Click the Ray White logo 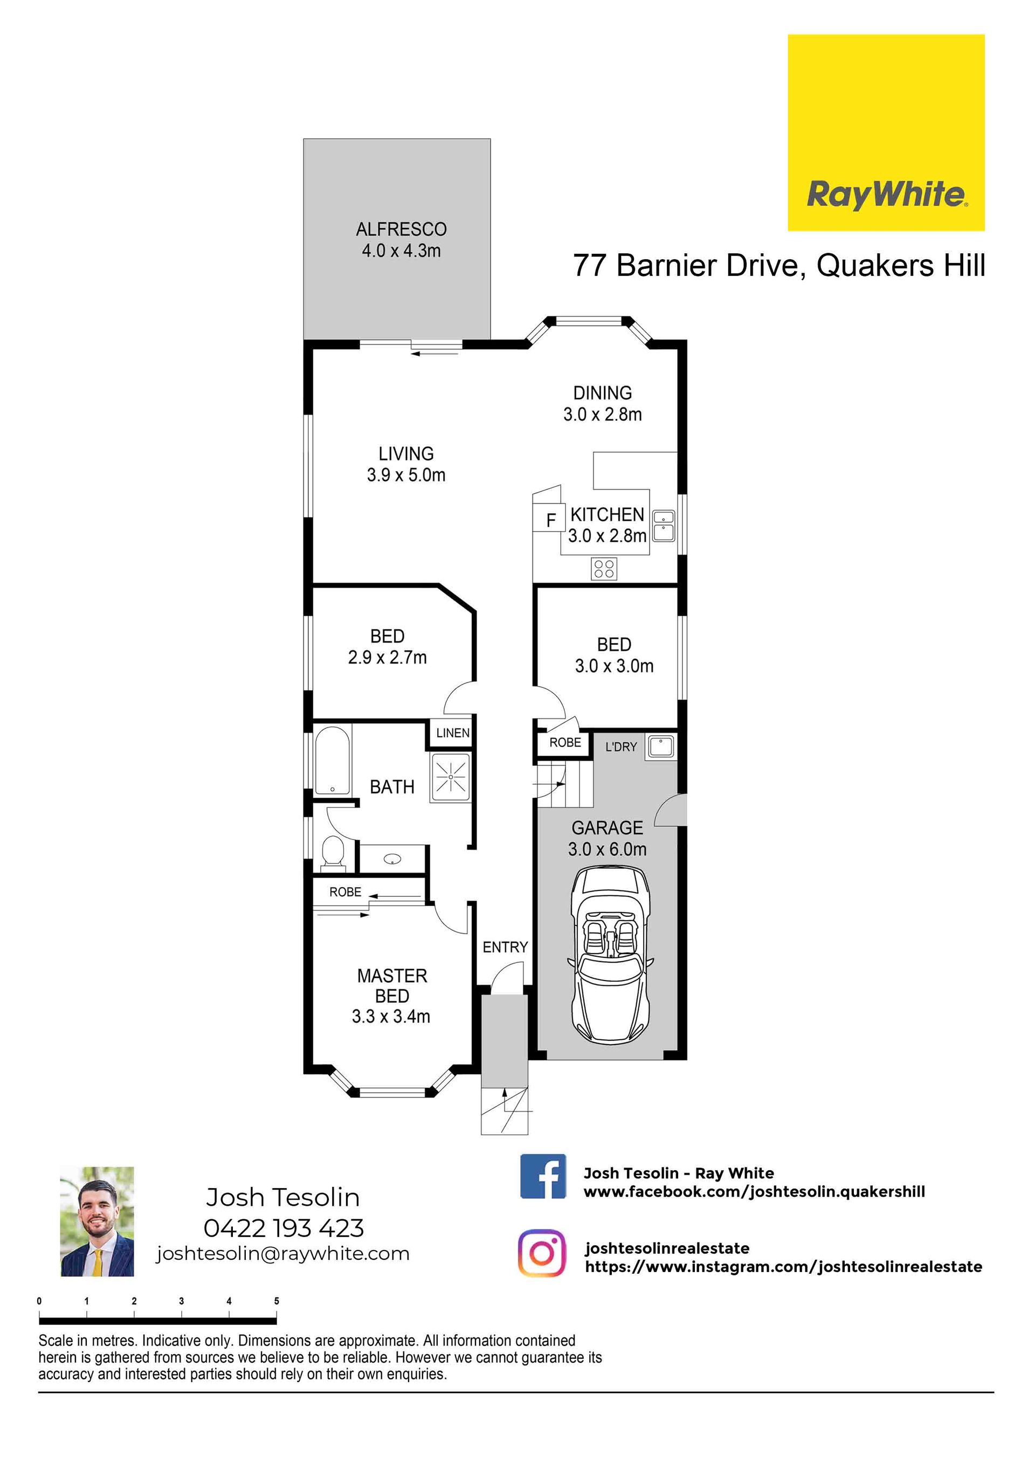click(x=886, y=132)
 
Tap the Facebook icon click(x=543, y=1176)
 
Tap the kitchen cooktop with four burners click(x=603, y=569)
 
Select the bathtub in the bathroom click(x=332, y=759)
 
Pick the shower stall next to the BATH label click(x=451, y=777)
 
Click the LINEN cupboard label click(x=453, y=733)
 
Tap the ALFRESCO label click(x=401, y=229)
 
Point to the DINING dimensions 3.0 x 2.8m click(x=602, y=415)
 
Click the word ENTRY click(x=505, y=948)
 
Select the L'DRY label click(x=621, y=747)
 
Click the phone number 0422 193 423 click(x=284, y=1227)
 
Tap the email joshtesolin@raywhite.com click(x=283, y=1254)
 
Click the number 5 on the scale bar click(x=276, y=1301)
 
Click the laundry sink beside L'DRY click(x=661, y=747)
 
